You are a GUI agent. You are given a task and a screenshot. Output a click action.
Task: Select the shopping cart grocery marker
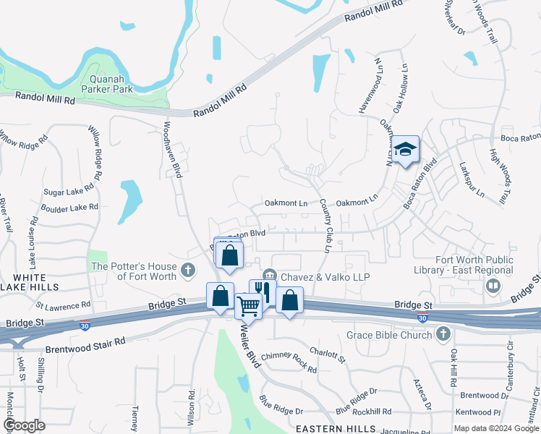247,306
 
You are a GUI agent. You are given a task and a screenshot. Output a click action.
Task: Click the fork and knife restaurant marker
261,292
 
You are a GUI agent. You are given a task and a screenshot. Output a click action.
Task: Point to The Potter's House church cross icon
188,271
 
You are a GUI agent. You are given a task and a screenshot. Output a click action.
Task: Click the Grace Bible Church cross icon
443,334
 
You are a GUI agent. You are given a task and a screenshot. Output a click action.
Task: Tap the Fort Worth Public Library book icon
493,287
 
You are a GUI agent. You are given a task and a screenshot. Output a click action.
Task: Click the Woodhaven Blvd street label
171,149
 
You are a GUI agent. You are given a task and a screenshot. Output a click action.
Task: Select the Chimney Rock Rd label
289,362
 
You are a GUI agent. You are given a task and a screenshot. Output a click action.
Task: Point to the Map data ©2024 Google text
495,428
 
